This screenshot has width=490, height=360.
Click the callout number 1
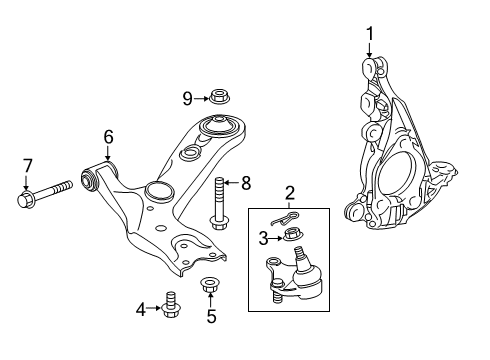coord(369,38)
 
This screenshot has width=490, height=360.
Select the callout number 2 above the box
coord(289,193)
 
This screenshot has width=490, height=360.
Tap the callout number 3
coord(264,238)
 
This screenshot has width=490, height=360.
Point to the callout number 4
coord(140,310)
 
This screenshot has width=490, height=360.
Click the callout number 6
coord(108,137)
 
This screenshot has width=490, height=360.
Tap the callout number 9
coord(187,97)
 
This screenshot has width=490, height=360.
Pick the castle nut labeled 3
coord(291,237)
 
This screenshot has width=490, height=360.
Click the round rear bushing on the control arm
coord(217,129)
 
